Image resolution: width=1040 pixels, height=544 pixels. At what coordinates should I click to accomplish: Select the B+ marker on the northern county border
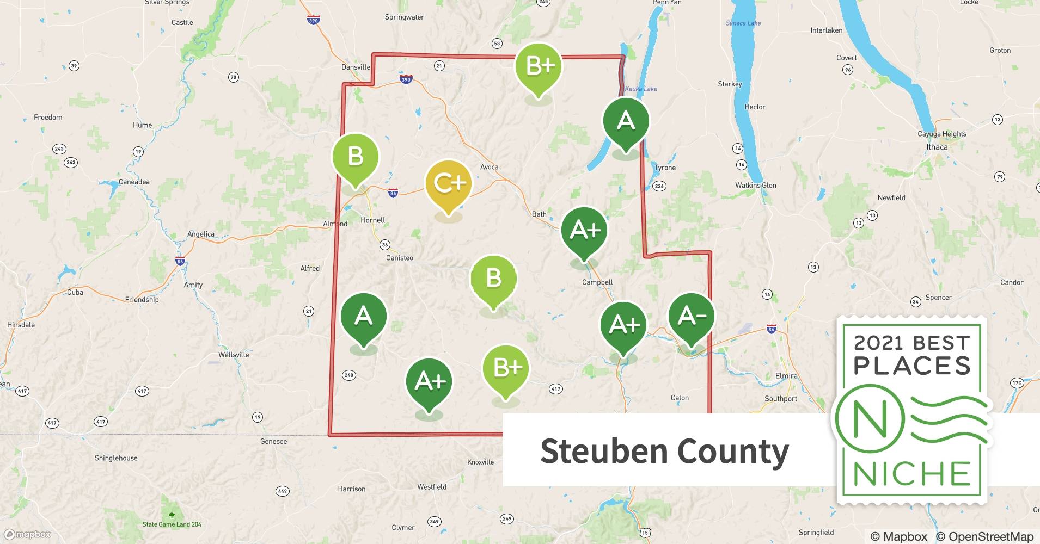[539, 66]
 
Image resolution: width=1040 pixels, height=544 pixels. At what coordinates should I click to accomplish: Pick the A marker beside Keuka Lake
[626, 121]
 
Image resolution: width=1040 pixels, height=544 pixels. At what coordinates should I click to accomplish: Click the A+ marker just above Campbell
[584, 231]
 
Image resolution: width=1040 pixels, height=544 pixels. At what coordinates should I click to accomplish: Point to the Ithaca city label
[937, 147]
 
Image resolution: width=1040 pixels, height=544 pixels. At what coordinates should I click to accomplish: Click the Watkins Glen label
[756, 185]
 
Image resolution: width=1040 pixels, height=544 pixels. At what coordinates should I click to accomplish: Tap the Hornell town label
[372, 220]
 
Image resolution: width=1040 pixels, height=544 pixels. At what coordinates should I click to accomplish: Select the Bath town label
[539, 214]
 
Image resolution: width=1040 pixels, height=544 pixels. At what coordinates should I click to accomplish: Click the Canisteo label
[400, 258]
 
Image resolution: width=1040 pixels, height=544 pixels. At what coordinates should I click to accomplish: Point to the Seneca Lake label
[743, 23]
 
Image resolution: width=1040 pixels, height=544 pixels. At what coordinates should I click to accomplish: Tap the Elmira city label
[786, 376]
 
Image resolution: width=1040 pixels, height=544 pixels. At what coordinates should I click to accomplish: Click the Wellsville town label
[234, 355]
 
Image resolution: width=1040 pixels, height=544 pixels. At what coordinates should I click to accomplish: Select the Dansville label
[356, 67]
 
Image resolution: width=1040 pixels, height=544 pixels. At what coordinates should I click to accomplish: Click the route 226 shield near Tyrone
[659, 186]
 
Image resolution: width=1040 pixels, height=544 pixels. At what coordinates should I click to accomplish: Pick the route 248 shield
[349, 375]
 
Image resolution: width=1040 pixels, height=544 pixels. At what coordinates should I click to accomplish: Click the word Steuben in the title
[604, 451]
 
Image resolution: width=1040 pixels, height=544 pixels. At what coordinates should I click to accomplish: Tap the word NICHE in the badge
[912, 474]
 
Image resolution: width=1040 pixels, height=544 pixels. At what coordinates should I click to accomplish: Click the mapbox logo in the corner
[27, 534]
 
